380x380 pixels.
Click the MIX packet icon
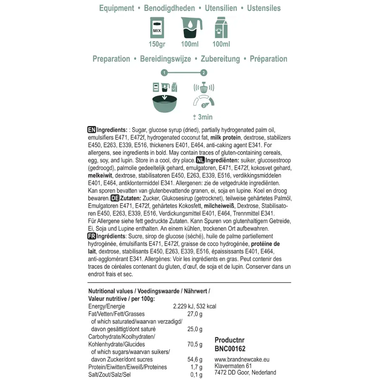[157, 28]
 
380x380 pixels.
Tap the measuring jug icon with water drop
[190, 28]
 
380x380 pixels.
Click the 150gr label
[157, 44]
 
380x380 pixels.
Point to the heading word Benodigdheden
[169, 8]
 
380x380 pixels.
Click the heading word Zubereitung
[220, 59]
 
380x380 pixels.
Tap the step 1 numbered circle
[164, 73]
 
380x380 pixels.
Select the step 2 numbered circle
[203, 73]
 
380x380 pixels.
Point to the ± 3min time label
[203, 117]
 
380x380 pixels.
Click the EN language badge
[91, 130]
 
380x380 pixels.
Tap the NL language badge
[200, 160]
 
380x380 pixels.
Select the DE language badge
[115, 198]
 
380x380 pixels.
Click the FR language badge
[91, 236]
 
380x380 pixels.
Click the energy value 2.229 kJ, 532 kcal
[195, 306]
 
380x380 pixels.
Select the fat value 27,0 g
[195, 314]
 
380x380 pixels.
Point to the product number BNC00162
[230, 349]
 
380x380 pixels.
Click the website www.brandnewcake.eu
[242, 360]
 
